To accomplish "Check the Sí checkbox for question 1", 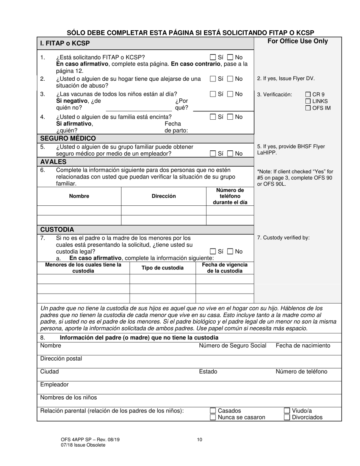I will click(x=213, y=58).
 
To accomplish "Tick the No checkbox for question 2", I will click(x=230, y=79).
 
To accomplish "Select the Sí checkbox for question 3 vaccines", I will click(x=213, y=94).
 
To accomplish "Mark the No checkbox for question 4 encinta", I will click(x=230, y=117).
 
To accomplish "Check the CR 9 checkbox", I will click(x=308, y=95).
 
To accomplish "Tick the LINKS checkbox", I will click(x=308, y=101).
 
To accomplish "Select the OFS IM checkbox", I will click(x=308, y=108).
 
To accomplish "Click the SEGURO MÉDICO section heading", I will click(x=68, y=139).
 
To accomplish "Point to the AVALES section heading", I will click(x=53, y=162).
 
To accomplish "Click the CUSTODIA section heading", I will click(x=57, y=230).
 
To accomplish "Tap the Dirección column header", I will click(x=164, y=196).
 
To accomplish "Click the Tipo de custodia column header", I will click(x=163, y=268).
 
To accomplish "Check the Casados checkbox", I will click(x=213, y=411).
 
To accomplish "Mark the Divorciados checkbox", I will click(x=287, y=418).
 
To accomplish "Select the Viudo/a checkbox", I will click(x=287, y=411).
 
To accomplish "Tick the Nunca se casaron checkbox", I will click(x=213, y=418).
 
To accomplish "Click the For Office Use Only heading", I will click(x=298, y=41).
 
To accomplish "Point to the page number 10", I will click(x=200, y=440).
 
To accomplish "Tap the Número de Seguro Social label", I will click(x=233, y=346).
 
